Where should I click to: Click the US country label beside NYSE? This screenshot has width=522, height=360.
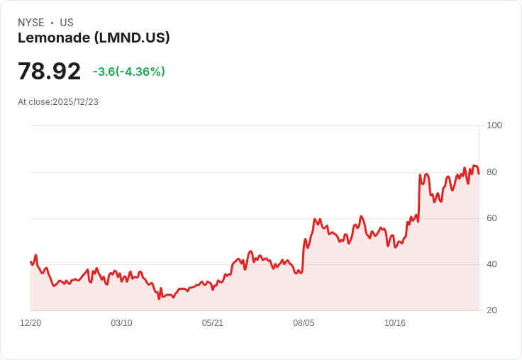click(x=67, y=23)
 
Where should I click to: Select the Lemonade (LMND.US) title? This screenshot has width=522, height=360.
click(x=94, y=38)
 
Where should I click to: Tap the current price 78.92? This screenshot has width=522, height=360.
click(x=49, y=72)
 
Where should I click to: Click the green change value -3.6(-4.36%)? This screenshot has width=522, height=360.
click(x=128, y=72)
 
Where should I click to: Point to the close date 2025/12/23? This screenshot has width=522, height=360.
click(x=75, y=102)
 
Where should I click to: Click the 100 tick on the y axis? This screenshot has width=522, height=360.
click(x=494, y=125)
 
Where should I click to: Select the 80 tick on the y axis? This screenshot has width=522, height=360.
click(x=492, y=172)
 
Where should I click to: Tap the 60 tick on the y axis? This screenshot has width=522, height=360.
click(x=492, y=218)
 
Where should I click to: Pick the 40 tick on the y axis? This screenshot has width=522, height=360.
click(x=492, y=264)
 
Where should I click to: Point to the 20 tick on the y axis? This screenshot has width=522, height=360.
click(x=492, y=310)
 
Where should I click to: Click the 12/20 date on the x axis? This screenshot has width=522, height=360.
click(x=30, y=323)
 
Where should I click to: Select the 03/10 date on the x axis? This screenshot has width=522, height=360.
click(x=121, y=323)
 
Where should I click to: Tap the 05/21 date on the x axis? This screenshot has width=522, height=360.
click(x=213, y=323)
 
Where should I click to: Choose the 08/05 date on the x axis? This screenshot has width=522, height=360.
click(x=304, y=323)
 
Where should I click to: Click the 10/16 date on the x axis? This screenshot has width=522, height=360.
click(x=395, y=323)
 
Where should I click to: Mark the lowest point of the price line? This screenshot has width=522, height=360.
click(x=160, y=299)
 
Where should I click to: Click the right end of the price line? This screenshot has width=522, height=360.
click(x=479, y=174)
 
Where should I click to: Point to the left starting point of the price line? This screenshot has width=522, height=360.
click(x=30, y=262)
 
